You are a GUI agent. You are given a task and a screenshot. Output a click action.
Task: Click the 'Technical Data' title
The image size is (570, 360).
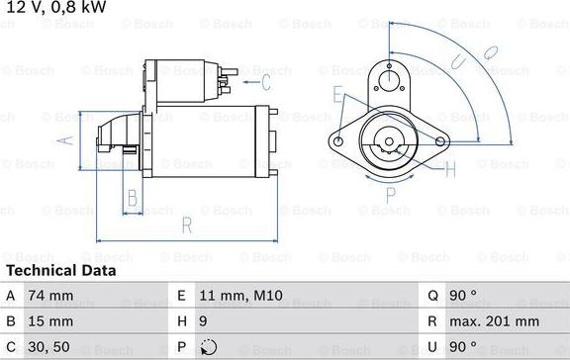[61, 270]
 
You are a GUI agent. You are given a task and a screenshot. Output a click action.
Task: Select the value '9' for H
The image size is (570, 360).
[204, 321]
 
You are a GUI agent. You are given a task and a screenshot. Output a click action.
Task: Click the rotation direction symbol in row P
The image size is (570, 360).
[207, 348]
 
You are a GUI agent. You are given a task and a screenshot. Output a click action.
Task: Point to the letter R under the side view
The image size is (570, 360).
[186, 226]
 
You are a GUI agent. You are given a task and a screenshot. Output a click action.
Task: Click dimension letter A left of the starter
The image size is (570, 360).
[65, 139]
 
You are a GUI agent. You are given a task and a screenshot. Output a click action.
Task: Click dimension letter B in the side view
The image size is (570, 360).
[132, 197]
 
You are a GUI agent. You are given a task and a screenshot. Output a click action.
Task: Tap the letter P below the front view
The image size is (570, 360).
[391, 193]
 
